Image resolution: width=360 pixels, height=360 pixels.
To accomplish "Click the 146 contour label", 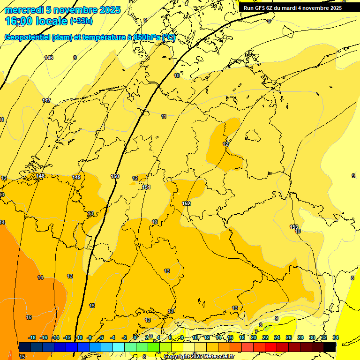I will point(49,58).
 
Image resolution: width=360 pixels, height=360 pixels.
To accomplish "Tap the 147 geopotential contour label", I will point(46,101).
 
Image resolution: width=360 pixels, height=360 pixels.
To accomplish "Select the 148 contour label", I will point(41,176).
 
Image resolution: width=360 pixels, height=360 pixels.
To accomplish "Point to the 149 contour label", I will point(76,177).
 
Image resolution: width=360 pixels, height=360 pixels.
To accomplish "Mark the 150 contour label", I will point(115,176).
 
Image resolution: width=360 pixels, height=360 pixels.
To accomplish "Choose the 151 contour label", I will point(146,187).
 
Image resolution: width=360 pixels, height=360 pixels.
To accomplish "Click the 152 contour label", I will point(186,203).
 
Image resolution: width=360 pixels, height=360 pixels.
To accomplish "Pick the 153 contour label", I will point(294,227).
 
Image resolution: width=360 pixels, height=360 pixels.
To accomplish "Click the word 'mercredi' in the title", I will point(23,10).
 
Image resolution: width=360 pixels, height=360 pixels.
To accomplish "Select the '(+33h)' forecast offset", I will point(81,21).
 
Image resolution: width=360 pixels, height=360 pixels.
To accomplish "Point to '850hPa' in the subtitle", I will point(147,37).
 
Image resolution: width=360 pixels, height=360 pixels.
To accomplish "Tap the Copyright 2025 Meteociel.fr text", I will point(199,357).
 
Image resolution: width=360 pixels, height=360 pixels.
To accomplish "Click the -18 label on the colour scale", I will point(32,338).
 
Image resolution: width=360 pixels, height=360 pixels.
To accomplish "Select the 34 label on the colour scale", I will point(336,338).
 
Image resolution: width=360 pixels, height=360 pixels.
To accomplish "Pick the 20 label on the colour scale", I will point(254,338).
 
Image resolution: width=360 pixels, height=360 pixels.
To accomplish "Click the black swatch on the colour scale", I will point(330,347).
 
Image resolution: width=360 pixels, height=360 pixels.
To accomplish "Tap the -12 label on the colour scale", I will point(67,338).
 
